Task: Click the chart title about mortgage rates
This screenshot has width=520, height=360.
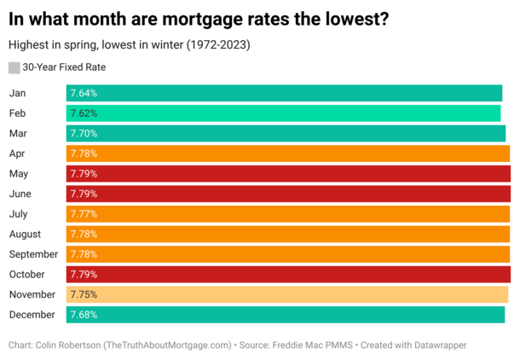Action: point(199,18)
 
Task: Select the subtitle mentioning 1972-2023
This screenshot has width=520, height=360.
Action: point(132,44)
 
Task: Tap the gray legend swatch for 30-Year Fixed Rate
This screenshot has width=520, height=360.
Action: point(14,67)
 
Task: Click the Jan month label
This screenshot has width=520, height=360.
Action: point(17,93)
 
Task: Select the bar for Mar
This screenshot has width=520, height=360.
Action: point(286,133)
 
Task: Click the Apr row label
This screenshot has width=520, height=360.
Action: point(17,154)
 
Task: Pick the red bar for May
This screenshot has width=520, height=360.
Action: point(288,174)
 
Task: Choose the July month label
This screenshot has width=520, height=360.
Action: point(19,214)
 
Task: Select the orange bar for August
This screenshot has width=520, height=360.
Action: point(288,234)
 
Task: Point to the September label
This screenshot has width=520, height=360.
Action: point(33,254)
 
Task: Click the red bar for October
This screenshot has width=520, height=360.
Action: point(288,275)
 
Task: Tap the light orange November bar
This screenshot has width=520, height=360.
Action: point(286,294)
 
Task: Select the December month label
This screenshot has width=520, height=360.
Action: point(32,315)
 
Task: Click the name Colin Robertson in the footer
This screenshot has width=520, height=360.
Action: point(66,345)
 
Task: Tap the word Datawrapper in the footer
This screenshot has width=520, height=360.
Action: point(437,345)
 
